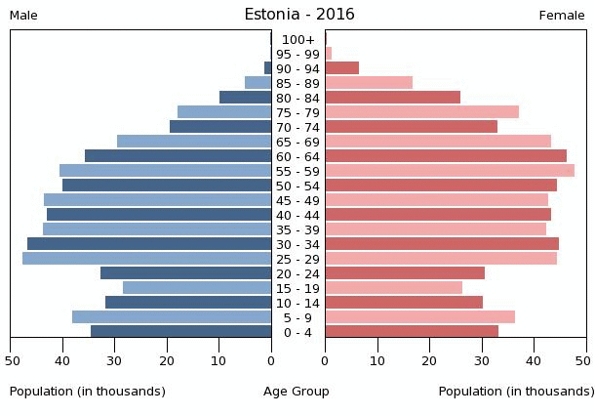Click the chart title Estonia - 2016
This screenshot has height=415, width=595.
298,15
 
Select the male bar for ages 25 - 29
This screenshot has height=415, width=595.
146,259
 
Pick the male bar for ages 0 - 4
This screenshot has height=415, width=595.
180,332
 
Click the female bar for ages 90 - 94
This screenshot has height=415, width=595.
341,68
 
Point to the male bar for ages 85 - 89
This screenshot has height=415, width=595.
258,83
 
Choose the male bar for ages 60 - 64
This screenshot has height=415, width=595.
178,156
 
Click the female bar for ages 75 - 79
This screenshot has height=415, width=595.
421,112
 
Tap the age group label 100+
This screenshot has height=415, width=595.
297,40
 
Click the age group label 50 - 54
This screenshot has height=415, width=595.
297,186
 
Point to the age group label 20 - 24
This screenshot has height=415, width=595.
297,273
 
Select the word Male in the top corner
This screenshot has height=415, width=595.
23,16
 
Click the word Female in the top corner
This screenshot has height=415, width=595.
562,16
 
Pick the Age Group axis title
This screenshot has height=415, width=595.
297,392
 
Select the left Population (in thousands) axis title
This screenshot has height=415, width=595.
88,392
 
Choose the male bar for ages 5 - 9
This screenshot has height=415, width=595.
172,317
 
